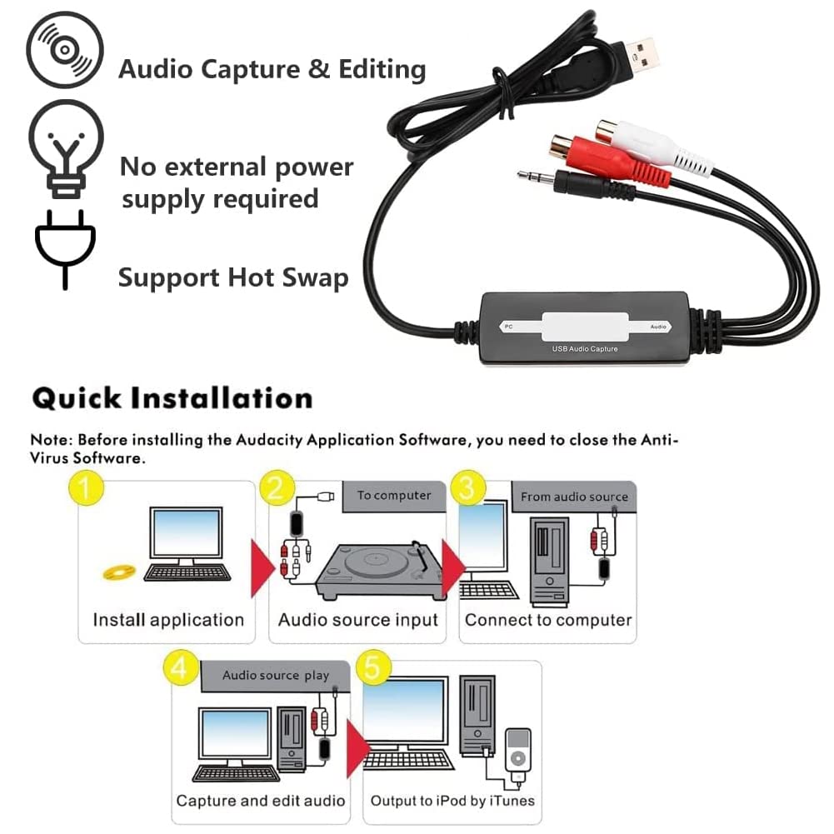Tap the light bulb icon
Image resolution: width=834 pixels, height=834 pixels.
click(x=66, y=148)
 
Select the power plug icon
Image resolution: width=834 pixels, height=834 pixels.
click(x=66, y=247)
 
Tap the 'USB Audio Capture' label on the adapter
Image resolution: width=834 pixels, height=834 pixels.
click(x=585, y=348)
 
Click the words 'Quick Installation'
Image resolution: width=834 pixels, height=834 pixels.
click(x=172, y=398)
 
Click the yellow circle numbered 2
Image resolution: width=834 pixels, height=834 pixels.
click(x=277, y=488)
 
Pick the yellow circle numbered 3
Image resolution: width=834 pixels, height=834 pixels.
click(x=467, y=488)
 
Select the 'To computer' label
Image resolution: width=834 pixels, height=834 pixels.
click(x=394, y=496)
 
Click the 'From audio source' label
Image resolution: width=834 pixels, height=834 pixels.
click(x=573, y=497)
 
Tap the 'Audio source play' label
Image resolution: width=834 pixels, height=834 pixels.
click(x=275, y=676)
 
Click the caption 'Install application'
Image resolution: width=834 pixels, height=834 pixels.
click(x=167, y=620)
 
